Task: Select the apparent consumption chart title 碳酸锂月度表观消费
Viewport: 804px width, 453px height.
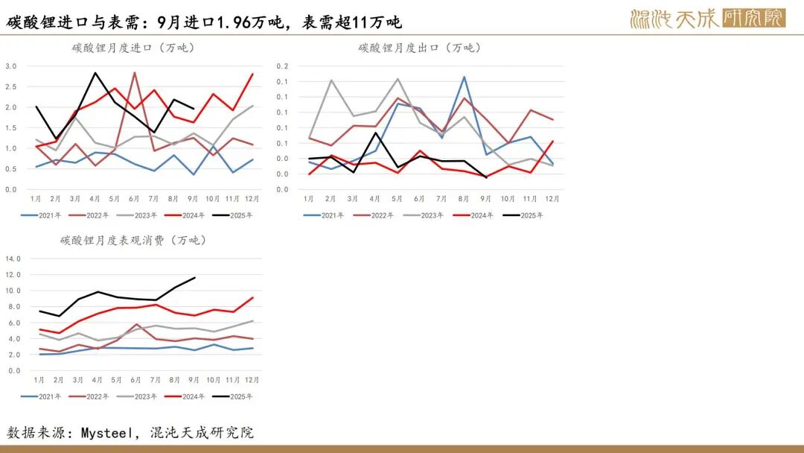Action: coord(133,241)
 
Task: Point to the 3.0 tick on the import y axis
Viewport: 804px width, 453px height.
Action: coord(10,66)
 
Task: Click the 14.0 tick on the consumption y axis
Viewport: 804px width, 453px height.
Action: coord(13,259)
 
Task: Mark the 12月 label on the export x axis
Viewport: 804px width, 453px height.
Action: coord(552,199)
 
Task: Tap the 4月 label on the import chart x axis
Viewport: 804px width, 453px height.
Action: coord(95,199)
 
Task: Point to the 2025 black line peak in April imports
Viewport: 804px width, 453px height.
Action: coord(95,73)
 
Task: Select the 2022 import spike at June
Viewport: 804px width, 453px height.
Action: coord(134,73)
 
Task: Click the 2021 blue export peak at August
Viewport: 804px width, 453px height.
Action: coord(464,77)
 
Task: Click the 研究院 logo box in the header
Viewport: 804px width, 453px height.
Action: coord(753,18)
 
